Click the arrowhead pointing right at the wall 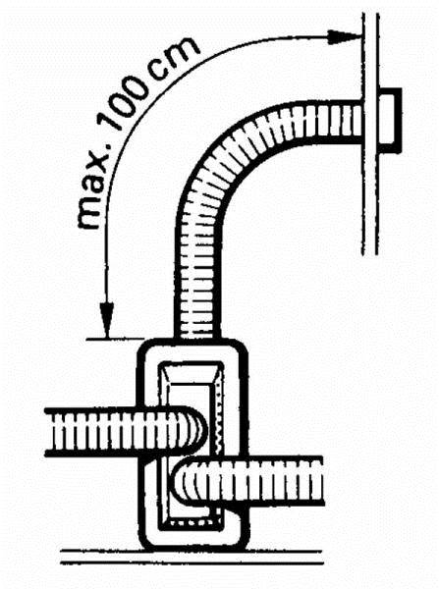point(343,37)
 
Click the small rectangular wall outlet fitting point(390,121)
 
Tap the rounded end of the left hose point(193,432)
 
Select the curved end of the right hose point(186,481)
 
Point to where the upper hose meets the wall point(361,123)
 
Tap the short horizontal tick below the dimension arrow point(115,340)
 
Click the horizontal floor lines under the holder point(192,557)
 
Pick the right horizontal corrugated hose point(248,481)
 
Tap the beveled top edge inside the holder point(191,371)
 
